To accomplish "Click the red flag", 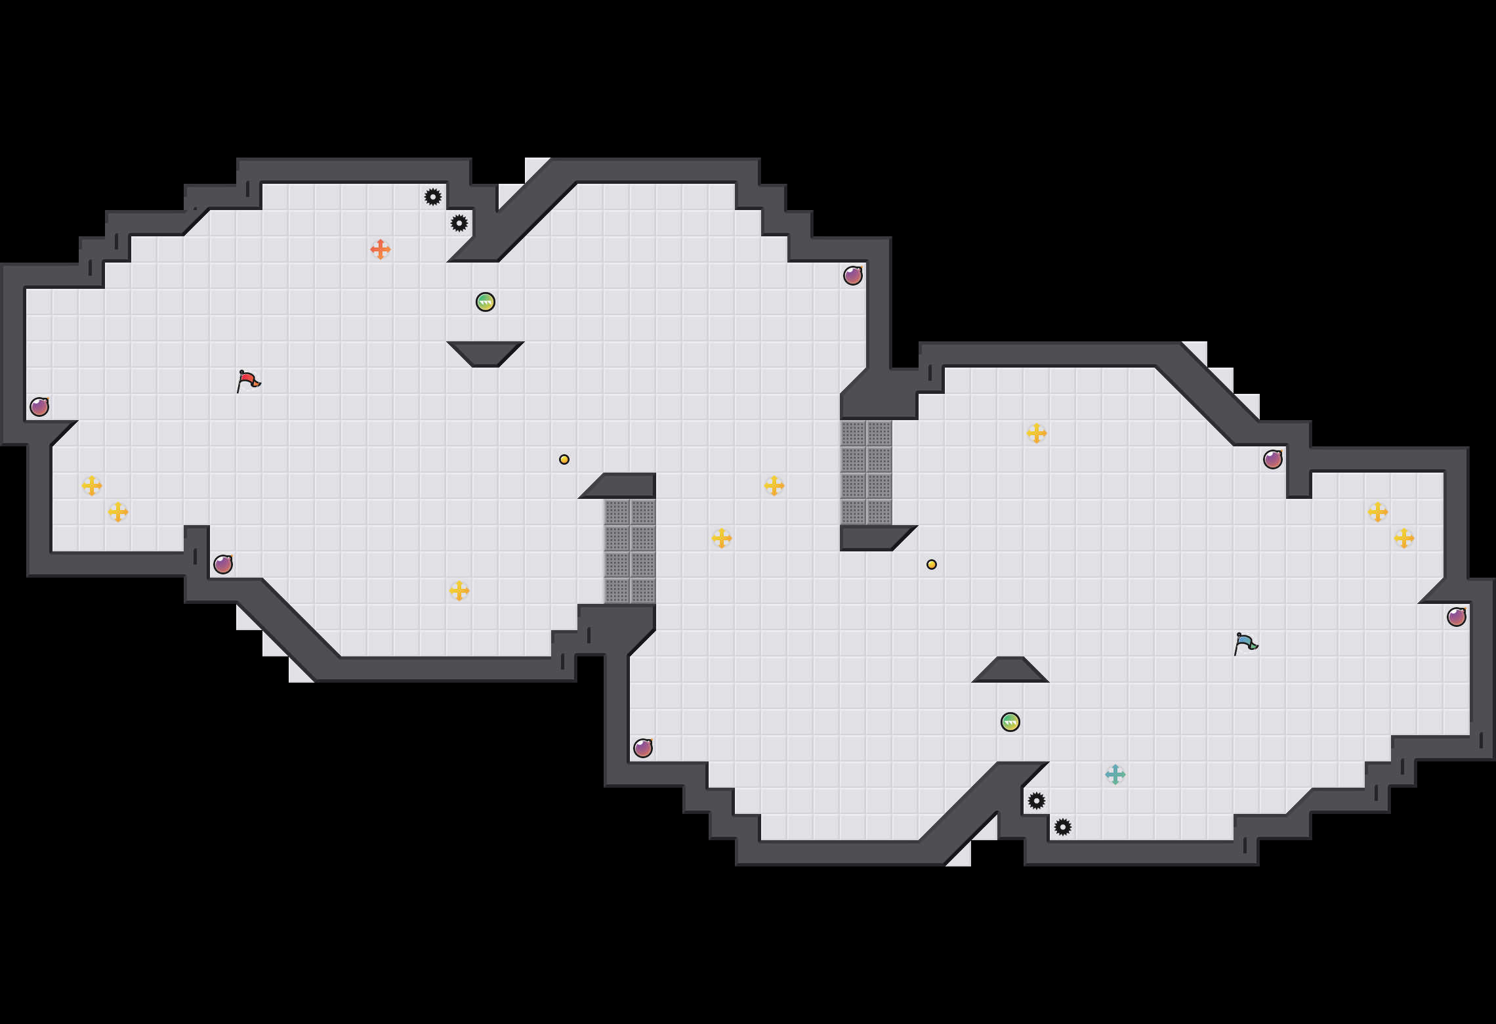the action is pos(248,381).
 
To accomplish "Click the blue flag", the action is pos(1245,643).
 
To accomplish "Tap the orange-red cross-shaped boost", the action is pos(381,249).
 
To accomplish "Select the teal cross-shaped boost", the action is pos(1115,775).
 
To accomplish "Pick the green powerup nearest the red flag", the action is pos(486,302).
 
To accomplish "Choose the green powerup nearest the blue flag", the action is pos(1010,722).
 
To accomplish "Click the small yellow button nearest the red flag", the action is pos(564,459).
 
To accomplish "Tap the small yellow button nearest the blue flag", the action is pos(932,565).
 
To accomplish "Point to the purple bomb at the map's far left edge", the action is pos(39,407).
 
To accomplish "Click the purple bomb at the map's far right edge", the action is pos(1457,617).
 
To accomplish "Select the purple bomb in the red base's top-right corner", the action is pos(853,276).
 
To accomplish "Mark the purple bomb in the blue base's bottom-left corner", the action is pos(643,748).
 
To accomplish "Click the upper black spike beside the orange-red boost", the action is pos(433,197).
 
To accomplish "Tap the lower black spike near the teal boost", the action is pos(1063,827).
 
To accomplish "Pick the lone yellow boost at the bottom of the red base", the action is pos(459,591).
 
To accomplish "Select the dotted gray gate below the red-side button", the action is pos(630,551).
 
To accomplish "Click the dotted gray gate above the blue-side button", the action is pos(866,473).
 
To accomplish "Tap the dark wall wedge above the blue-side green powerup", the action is pos(1010,671).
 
